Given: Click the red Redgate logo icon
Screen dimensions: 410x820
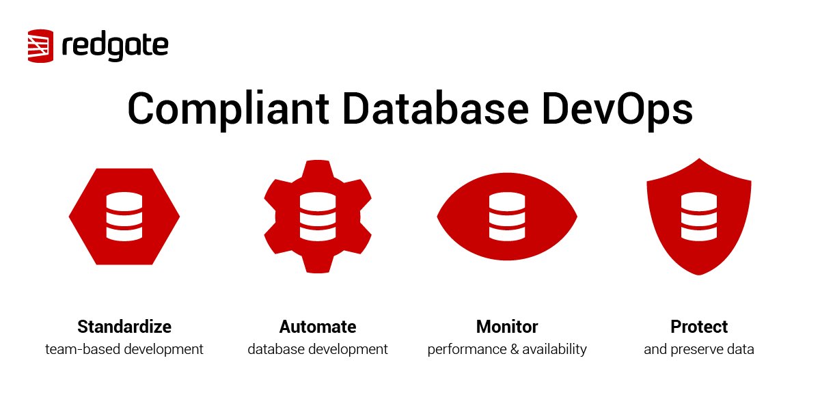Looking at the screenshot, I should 41,46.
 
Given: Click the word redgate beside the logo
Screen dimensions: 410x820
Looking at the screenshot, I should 115,46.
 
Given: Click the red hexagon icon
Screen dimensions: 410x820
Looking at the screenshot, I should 124,216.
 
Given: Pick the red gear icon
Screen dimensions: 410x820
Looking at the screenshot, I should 318,216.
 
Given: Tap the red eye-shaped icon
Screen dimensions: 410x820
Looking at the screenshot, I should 507,216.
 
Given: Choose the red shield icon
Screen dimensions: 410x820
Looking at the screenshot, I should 698,216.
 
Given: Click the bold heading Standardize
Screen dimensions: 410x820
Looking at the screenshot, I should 124,326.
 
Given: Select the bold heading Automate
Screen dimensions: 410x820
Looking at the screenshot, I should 318,326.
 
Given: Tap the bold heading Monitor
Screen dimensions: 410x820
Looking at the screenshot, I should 507,326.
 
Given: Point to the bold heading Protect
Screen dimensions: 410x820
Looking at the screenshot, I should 699,326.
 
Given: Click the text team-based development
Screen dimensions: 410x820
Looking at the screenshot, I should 124,349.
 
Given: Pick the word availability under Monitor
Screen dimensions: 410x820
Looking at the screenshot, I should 553,349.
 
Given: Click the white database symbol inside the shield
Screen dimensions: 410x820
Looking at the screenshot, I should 698,216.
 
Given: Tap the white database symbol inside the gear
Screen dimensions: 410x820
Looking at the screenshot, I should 318,216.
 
